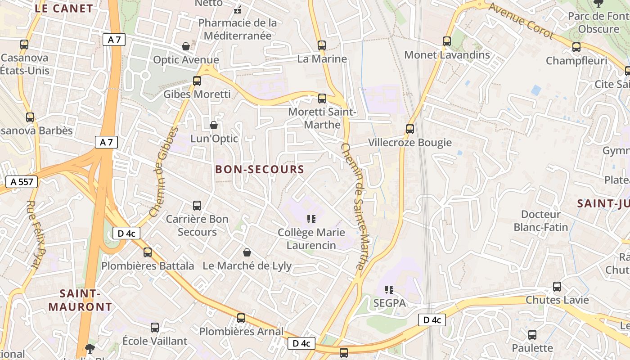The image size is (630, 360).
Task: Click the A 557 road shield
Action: [x=21, y=182]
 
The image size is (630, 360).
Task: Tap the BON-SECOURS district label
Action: [x=260, y=170]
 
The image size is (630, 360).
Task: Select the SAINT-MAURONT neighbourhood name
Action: [x=80, y=301]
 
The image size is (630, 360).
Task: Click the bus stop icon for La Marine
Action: [x=321, y=45]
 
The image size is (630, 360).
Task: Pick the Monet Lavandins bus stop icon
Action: [x=446, y=41]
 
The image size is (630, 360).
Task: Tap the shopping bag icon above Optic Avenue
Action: [x=185, y=46]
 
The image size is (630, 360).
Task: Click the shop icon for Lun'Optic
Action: [x=214, y=125]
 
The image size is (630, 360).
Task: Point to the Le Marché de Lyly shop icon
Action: [x=247, y=252]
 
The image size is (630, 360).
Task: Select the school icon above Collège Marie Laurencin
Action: [x=310, y=219]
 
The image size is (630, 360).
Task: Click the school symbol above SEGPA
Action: [x=389, y=290]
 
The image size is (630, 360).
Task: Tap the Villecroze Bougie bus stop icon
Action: [x=409, y=129]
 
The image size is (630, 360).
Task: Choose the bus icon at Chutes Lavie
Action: [x=557, y=287]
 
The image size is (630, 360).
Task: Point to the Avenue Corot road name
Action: [x=521, y=20]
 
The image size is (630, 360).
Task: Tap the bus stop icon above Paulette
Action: [x=532, y=335]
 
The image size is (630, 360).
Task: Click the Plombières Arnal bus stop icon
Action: [x=241, y=318]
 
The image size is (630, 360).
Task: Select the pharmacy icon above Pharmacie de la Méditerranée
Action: [x=238, y=9]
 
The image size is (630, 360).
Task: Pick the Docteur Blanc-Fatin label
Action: [x=541, y=220]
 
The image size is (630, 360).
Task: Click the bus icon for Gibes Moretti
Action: [x=197, y=81]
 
